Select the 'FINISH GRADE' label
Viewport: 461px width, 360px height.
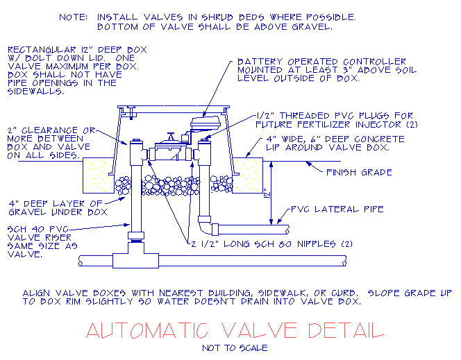click(359, 172)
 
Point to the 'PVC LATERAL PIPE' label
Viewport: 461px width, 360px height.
click(337, 208)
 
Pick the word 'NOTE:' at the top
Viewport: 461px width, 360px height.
click(74, 16)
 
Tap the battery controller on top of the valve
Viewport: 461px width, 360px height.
click(206, 122)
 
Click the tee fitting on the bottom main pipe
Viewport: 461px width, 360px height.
click(136, 258)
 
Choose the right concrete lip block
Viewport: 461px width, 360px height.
click(249, 173)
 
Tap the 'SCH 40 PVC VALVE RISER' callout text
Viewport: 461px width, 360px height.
click(43, 241)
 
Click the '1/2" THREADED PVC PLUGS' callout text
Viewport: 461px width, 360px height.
click(335, 120)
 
